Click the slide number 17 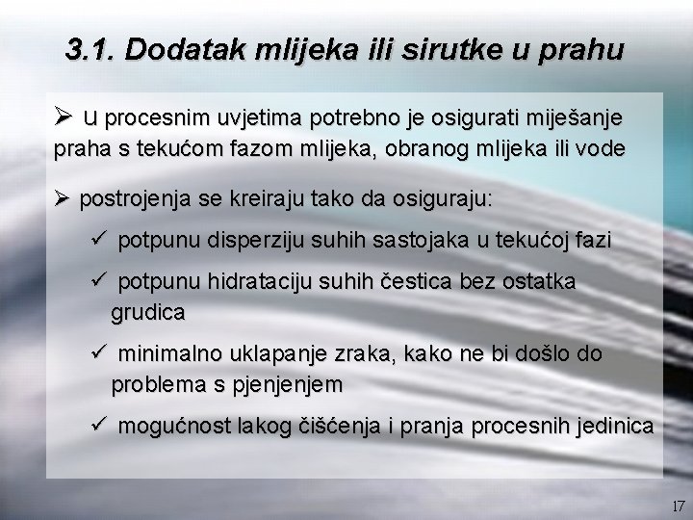678,506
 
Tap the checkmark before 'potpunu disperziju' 95,240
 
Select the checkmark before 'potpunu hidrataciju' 95,281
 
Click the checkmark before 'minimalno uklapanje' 95,353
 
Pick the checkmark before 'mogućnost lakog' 95,425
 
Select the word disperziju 260,241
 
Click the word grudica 148,313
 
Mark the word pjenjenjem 286,385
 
